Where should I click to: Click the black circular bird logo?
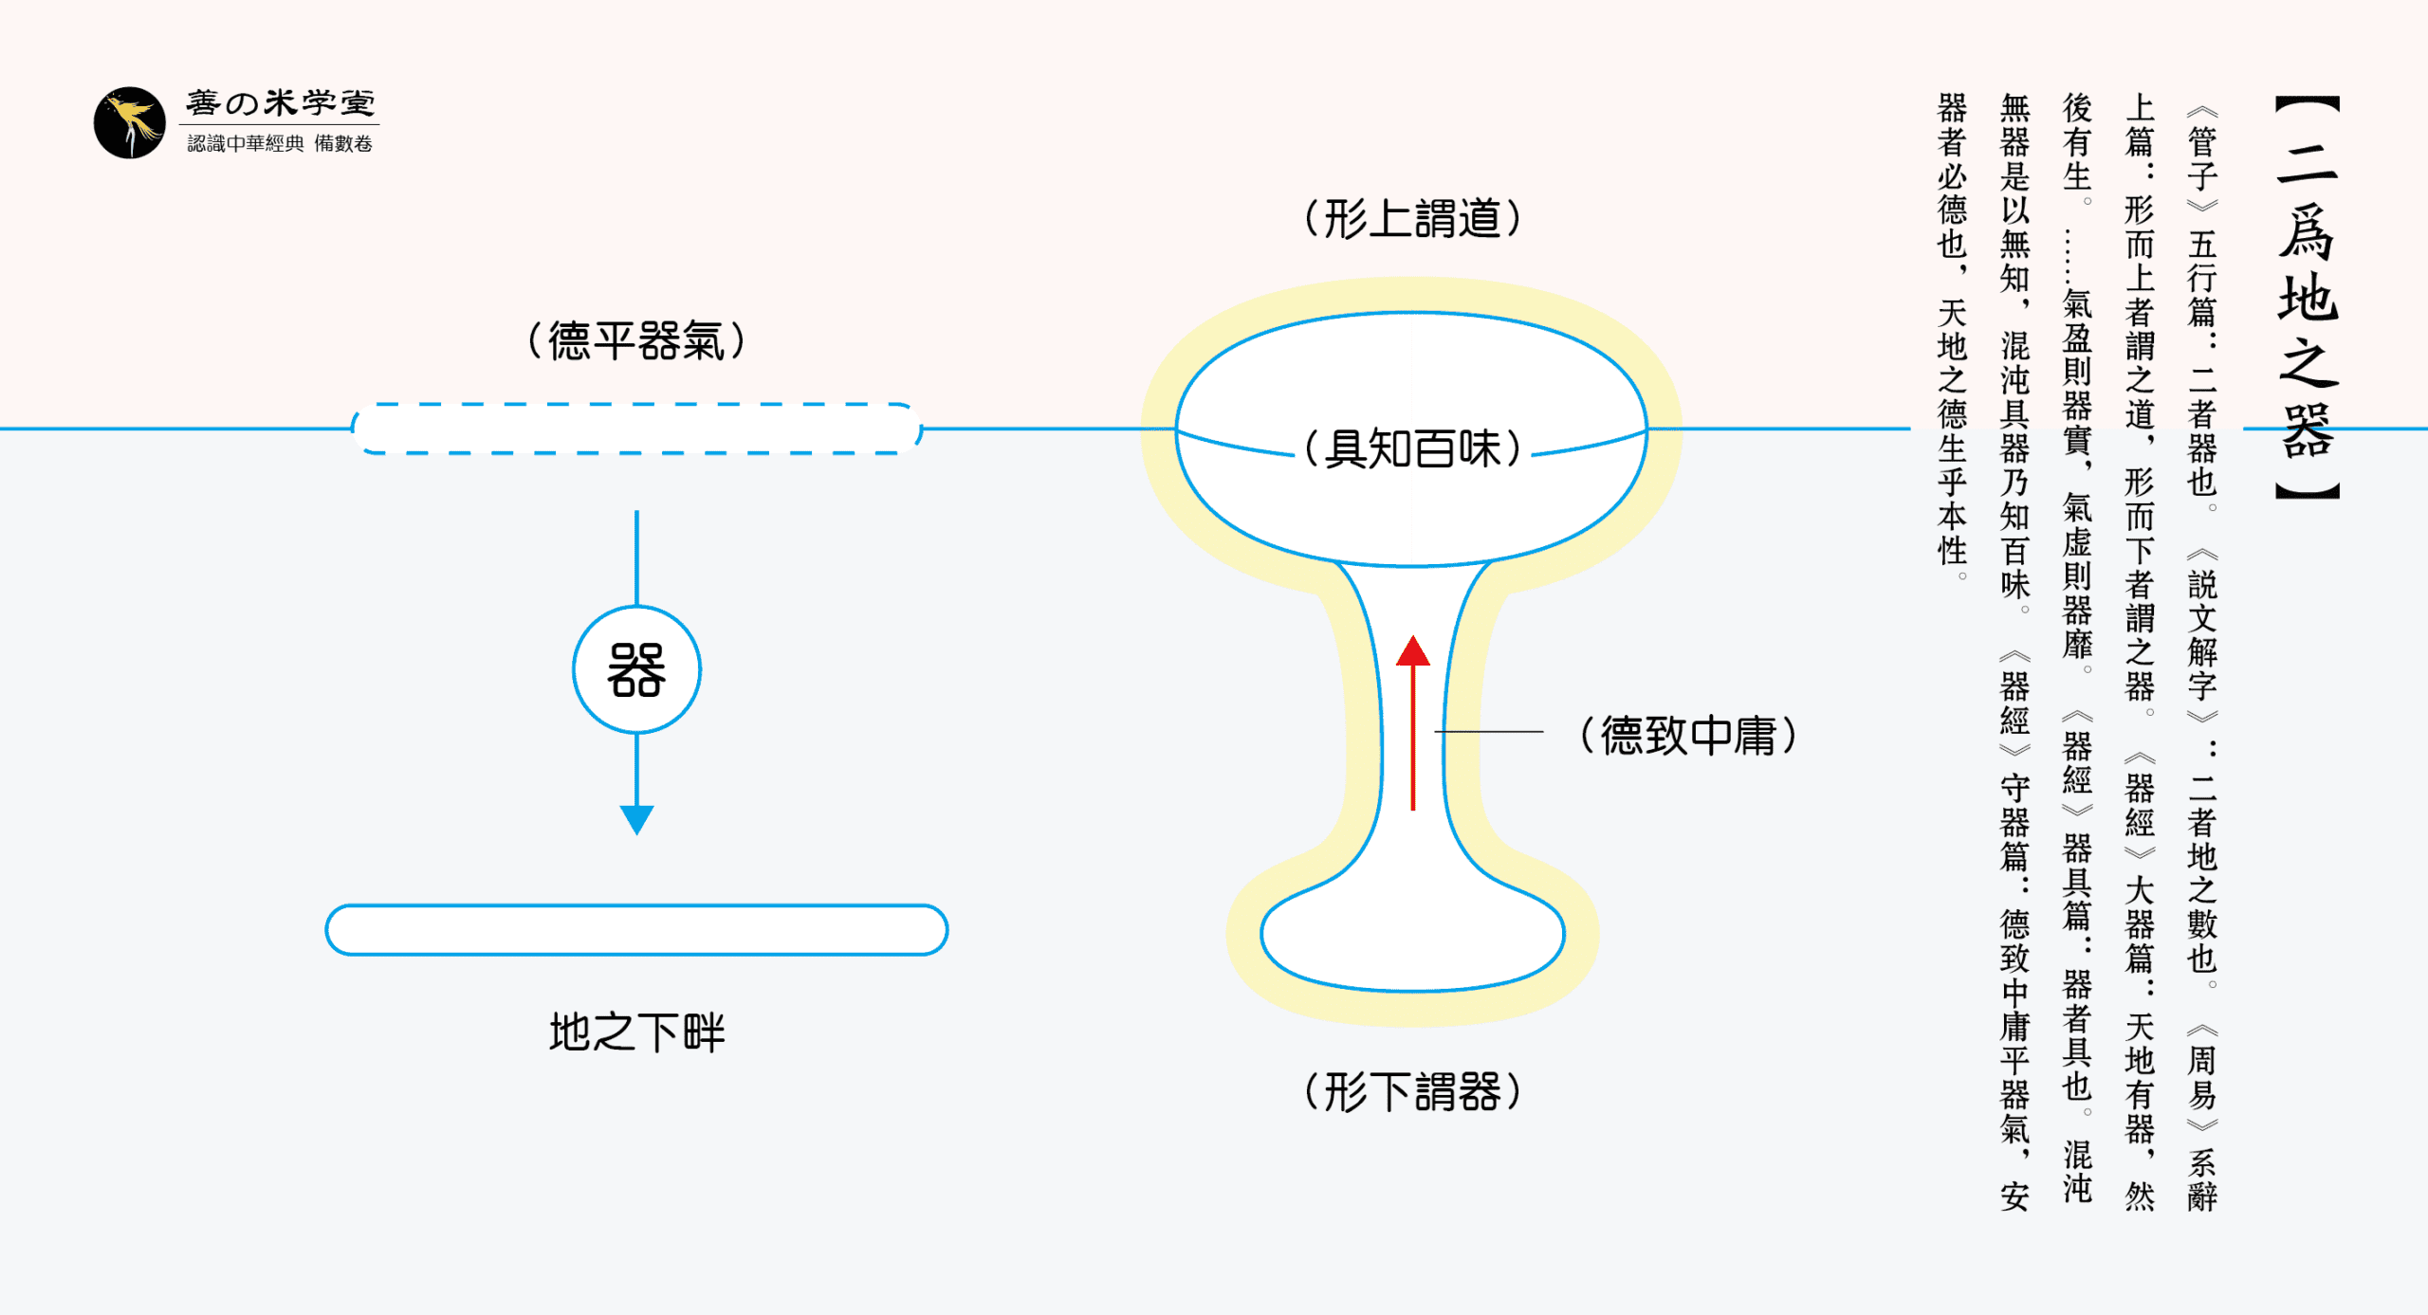[x=130, y=123]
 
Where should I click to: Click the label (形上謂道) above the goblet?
[x=1413, y=219]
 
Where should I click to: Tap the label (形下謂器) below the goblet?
[x=1413, y=1092]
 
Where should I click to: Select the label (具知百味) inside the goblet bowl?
[x=1413, y=448]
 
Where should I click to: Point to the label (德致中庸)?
[x=1689, y=736]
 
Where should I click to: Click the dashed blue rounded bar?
[x=636, y=429]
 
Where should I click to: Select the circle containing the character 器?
[x=636, y=670]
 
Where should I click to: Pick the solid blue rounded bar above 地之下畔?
[x=636, y=930]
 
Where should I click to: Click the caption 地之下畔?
[x=636, y=1032]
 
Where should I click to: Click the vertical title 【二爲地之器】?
[x=2308, y=298]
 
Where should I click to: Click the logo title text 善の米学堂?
[x=281, y=102]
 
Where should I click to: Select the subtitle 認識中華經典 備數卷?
[x=280, y=143]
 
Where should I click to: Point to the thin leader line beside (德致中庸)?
[x=1489, y=732]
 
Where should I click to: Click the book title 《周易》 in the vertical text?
[x=2202, y=1077]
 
